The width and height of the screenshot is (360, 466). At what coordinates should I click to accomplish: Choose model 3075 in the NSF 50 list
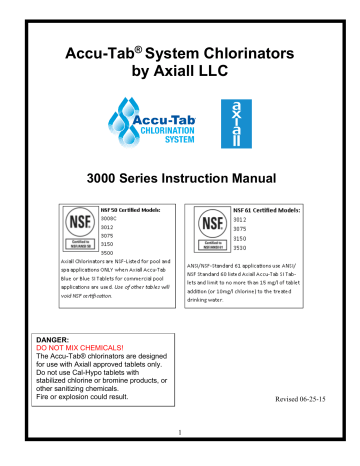click(x=100, y=233)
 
